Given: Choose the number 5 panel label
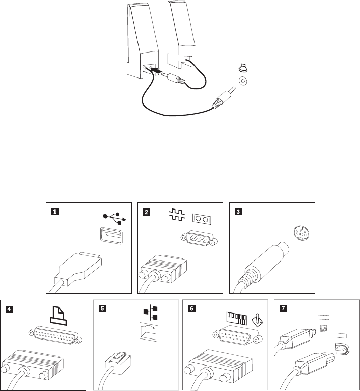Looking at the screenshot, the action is point(101,307).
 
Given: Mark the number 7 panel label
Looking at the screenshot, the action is point(281,307).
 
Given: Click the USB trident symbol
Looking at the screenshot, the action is point(112,218).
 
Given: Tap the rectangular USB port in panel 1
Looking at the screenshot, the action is point(110,238).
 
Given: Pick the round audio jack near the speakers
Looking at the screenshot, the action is point(243,81).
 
